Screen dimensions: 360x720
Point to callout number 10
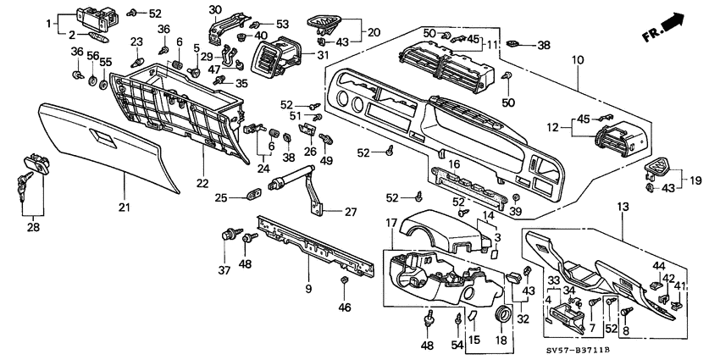pyautogui.click(x=578, y=60)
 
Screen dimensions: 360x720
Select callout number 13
pyautogui.click(x=623, y=208)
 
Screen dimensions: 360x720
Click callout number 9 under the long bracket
pyautogui.click(x=308, y=289)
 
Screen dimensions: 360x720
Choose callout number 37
pyautogui.click(x=224, y=270)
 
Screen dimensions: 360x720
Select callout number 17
pyautogui.click(x=390, y=223)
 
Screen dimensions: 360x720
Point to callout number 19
pyautogui.click(x=696, y=180)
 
